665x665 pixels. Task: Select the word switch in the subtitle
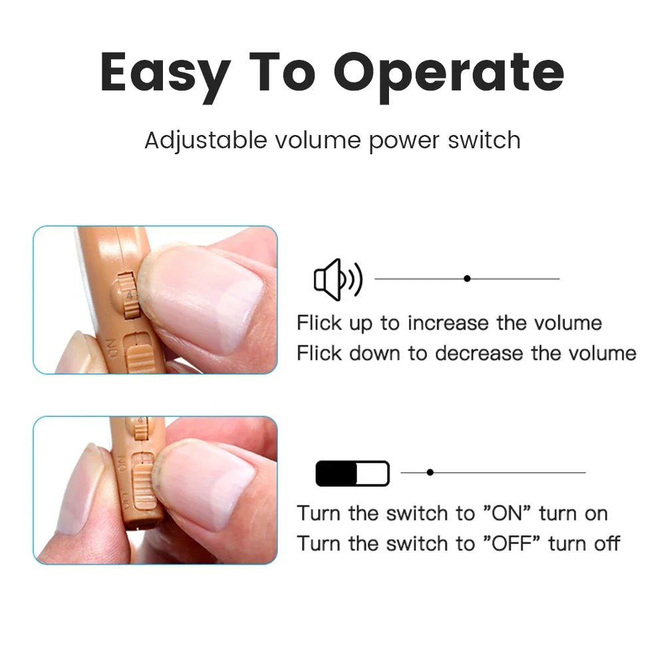click(484, 140)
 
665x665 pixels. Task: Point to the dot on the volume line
click(467, 279)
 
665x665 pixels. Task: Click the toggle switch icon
click(352, 473)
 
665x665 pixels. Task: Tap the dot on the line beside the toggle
click(430, 472)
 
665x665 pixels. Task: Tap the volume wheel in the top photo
click(130, 296)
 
